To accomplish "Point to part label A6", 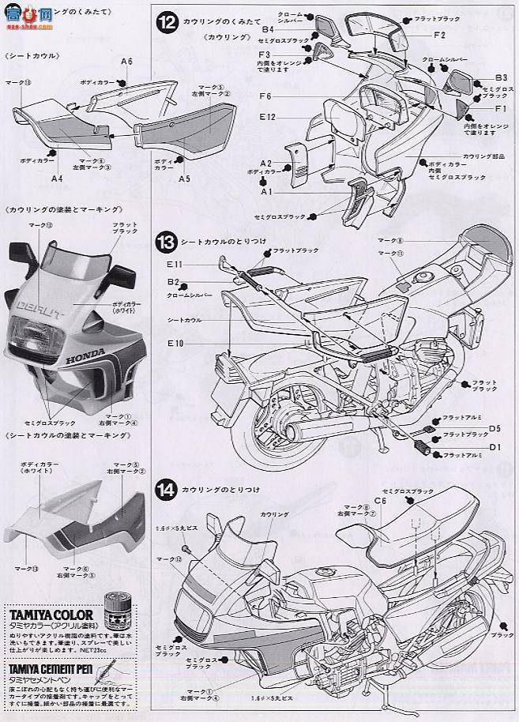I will [x=126, y=62].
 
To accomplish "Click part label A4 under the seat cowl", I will [x=57, y=179].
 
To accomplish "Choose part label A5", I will [x=184, y=179].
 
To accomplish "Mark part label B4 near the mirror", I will [x=269, y=29].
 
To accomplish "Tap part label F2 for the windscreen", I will [x=439, y=35].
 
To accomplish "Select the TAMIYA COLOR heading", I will [x=52, y=613].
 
